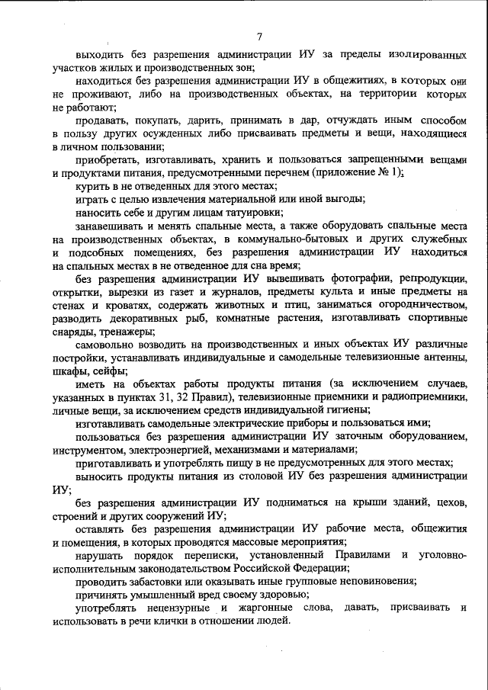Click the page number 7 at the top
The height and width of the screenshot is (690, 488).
point(259,36)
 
